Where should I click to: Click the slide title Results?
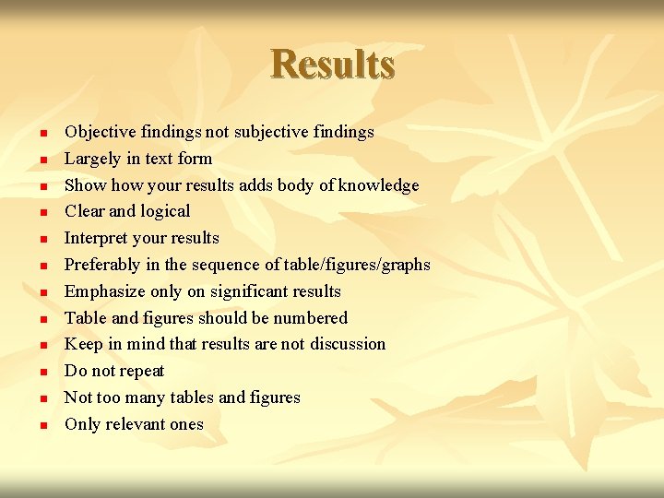pos(333,65)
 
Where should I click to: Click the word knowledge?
pos(378,185)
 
